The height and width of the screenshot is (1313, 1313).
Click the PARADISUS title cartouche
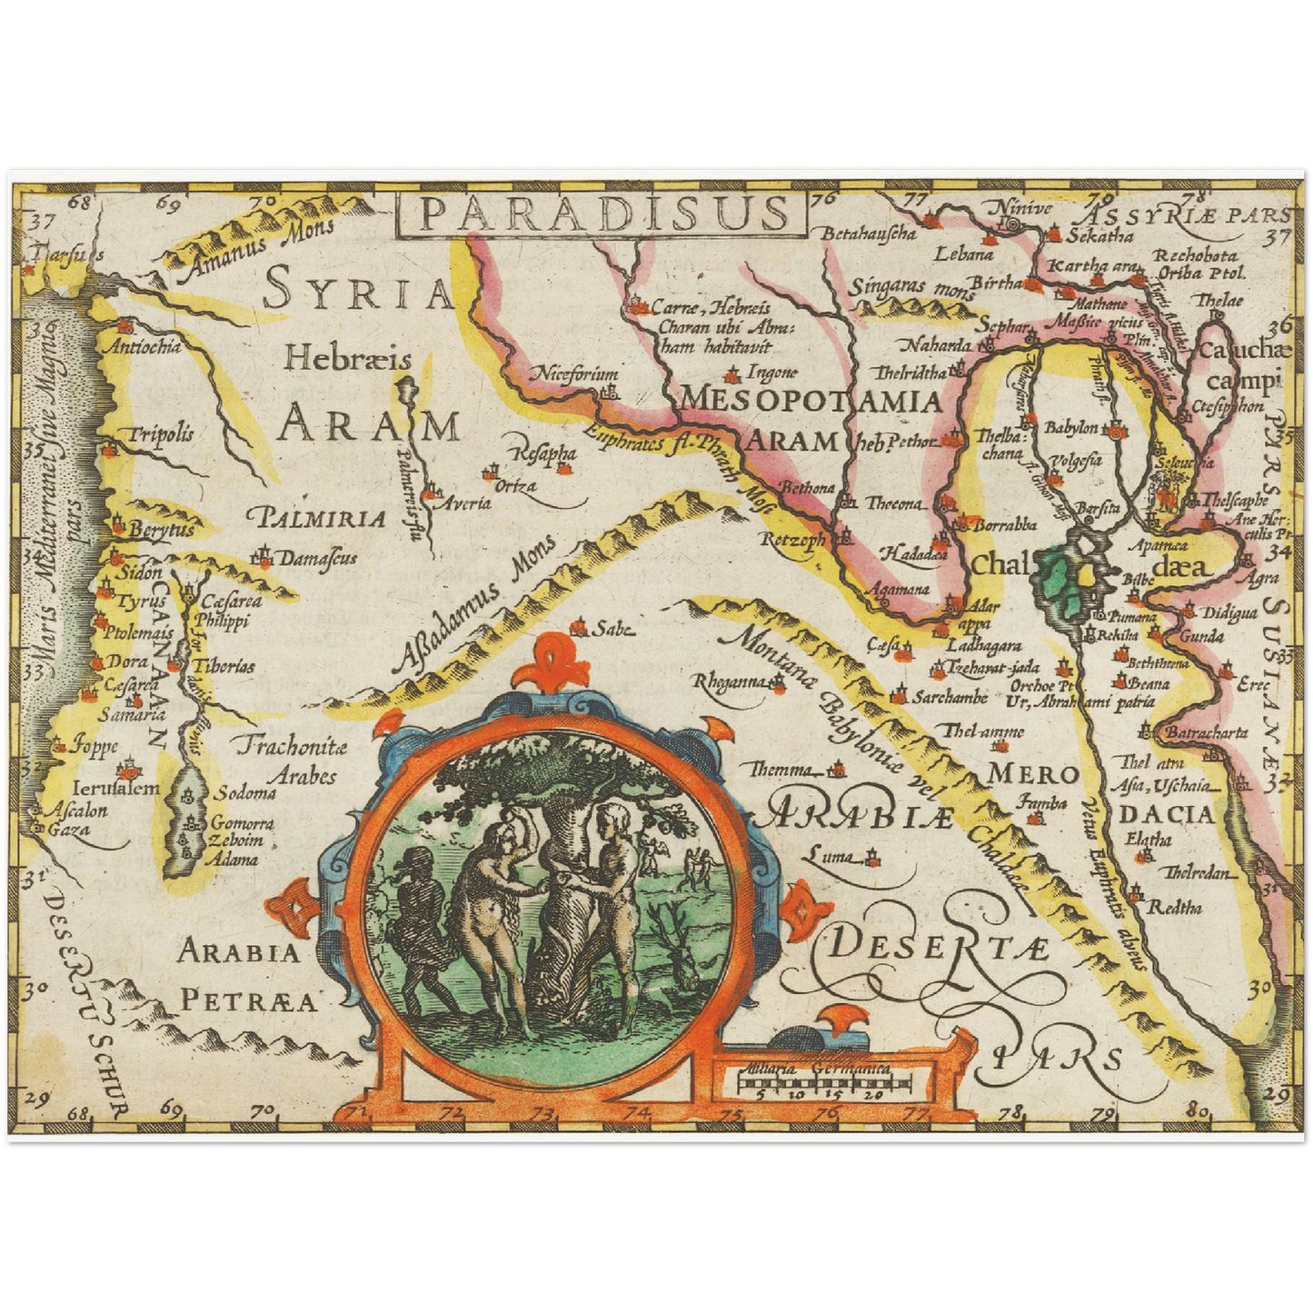tap(602, 214)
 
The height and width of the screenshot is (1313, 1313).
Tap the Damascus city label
tap(318, 558)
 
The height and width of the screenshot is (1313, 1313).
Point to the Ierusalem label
tap(115, 788)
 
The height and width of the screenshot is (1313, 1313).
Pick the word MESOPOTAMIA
tap(811, 400)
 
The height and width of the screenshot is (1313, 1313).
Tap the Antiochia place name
tap(144, 346)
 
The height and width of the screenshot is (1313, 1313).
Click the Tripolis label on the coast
tap(160, 434)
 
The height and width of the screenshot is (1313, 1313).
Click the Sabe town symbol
tap(577, 627)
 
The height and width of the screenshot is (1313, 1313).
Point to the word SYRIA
tap(358, 293)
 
